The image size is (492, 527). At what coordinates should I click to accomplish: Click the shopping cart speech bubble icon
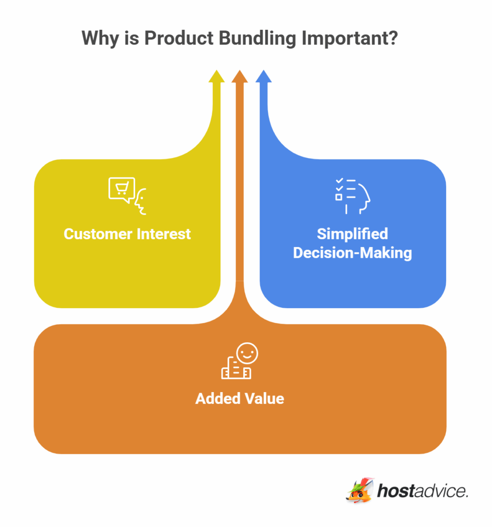click(x=122, y=189)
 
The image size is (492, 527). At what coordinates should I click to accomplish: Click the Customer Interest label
click(x=127, y=234)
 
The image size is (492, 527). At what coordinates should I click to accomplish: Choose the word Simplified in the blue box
click(x=352, y=234)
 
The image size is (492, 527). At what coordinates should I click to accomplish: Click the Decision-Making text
click(x=352, y=253)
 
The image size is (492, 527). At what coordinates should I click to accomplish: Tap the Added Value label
click(x=240, y=398)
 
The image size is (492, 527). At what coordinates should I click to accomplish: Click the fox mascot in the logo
click(x=359, y=490)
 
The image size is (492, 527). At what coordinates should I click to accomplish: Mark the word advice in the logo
click(x=441, y=491)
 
